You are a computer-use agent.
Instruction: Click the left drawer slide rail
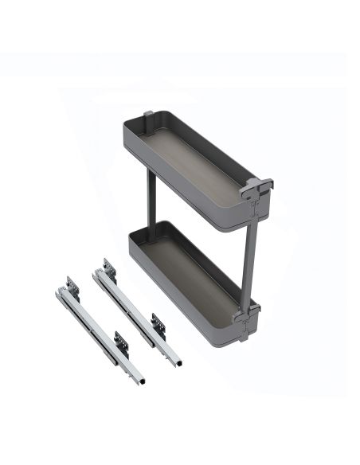coord(88,326)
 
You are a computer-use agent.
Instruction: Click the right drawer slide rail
coord(135,311)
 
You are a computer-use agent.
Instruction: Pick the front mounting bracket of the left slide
coord(120,342)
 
